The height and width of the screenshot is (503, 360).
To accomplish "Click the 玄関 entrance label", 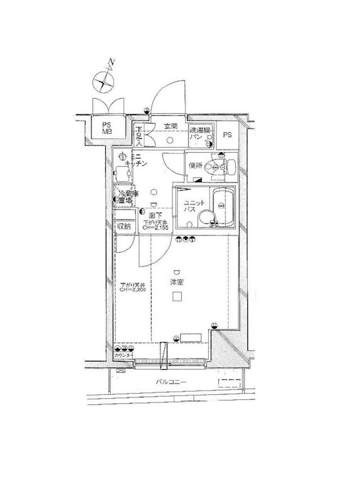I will (171, 126).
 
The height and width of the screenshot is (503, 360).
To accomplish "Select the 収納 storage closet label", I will (123, 226).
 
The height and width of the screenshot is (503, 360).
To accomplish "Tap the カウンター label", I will (123, 357).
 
